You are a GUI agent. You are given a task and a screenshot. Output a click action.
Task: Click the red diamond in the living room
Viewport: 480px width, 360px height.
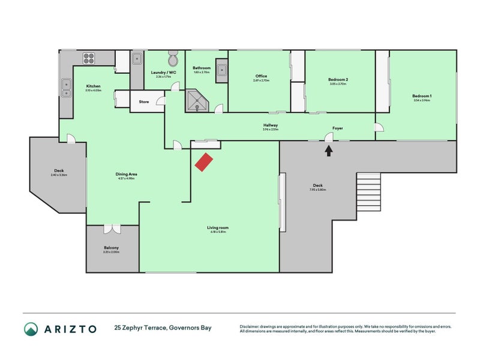[204, 161]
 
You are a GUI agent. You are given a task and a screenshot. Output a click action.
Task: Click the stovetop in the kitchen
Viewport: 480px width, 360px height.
[89, 58]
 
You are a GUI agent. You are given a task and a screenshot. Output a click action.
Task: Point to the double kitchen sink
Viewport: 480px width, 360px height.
[65, 88]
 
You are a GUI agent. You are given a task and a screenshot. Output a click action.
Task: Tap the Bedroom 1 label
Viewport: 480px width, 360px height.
[422, 97]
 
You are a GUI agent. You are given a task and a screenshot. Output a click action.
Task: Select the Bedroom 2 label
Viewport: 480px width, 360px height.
[338, 80]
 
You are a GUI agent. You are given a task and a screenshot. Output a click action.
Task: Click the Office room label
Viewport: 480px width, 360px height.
[261, 76]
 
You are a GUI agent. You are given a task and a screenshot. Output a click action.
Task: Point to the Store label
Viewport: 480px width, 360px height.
[144, 102]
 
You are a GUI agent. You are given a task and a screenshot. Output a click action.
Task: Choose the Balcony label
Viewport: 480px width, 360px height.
[112, 248]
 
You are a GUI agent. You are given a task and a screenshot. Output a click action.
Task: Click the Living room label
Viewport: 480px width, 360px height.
[218, 228]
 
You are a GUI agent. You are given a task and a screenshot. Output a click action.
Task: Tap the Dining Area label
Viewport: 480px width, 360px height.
[126, 175]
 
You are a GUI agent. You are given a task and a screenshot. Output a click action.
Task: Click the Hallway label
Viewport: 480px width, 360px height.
[270, 125]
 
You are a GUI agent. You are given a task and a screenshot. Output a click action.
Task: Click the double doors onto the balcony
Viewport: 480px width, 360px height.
[112, 229]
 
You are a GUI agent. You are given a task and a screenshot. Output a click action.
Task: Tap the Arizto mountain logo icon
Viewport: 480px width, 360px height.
[31, 329]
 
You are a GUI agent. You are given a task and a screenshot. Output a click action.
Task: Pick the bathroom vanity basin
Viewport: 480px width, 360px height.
[221, 70]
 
